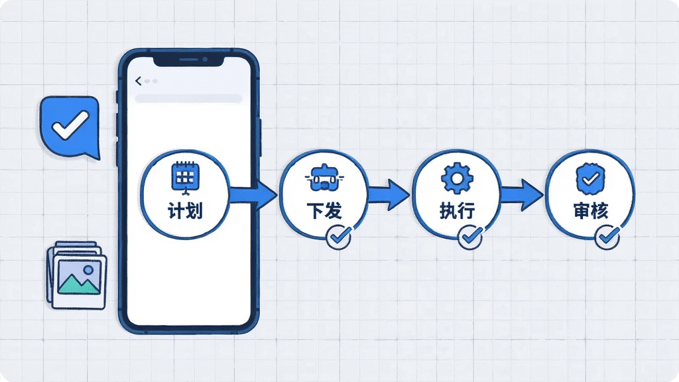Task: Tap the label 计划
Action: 186,212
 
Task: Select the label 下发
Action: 324,211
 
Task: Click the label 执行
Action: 458,211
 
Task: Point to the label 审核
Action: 591,211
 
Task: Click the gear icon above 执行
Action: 457,178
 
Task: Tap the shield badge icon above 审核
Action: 591,178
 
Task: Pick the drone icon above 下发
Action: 324,177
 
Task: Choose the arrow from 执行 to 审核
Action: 522,195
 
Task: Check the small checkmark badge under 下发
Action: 339,237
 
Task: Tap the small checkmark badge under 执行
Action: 470,237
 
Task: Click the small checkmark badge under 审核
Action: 607,237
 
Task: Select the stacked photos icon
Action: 77,275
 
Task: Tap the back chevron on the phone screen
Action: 138,81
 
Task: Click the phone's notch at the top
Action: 189,60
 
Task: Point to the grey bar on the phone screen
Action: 188,98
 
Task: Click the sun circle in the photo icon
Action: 89,271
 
